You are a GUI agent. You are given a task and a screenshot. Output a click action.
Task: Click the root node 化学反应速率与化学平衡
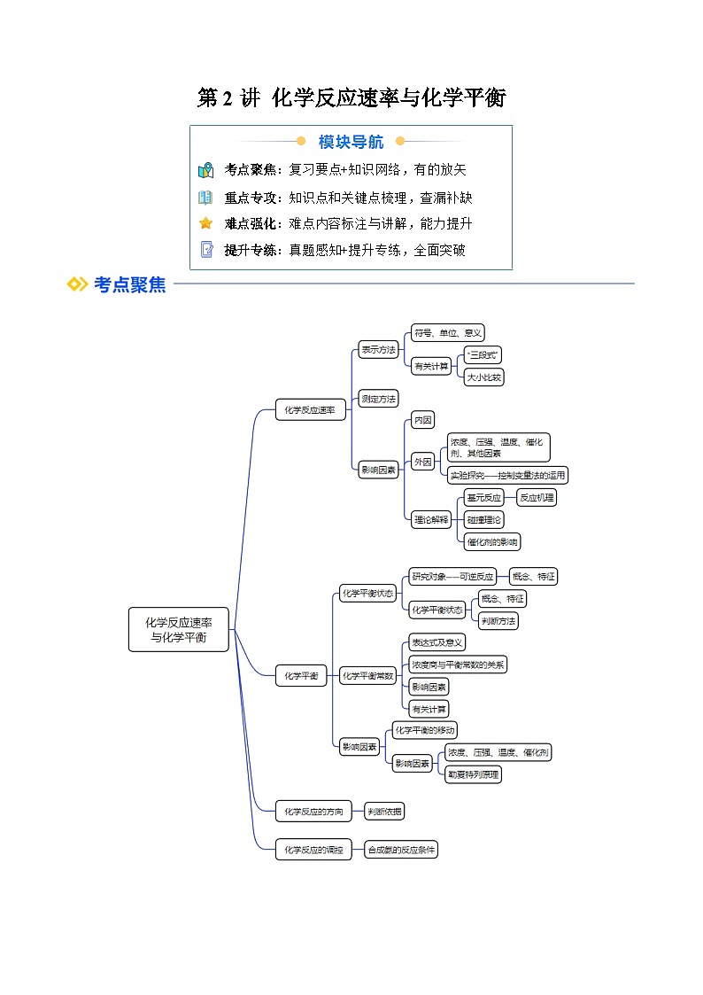click(x=178, y=629)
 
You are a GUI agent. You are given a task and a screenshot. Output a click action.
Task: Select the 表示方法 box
click(x=378, y=349)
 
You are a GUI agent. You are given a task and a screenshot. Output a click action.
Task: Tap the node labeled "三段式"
click(x=483, y=354)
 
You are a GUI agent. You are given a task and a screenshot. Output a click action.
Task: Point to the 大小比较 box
click(x=483, y=377)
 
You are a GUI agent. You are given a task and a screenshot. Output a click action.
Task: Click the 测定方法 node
click(x=378, y=399)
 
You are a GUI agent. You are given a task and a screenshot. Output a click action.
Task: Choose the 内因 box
click(x=422, y=421)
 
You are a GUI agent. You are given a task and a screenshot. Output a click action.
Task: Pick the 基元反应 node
click(x=483, y=498)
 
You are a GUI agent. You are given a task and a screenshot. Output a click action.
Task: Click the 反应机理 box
click(x=537, y=498)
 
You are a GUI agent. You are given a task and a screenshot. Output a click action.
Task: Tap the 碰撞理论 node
click(x=483, y=520)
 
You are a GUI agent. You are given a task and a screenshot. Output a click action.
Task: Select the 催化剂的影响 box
click(x=492, y=541)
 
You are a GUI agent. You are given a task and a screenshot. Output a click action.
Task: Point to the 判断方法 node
click(x=498, y=621)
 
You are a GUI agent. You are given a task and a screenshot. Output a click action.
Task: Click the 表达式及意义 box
click(x=436, y=642)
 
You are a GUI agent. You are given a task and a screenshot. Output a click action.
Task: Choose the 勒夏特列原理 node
click(x=473, y=774)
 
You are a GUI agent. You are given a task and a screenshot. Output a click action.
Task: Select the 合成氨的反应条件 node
click(x=402, y=850)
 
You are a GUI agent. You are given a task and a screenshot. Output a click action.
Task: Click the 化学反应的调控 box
click(x=313, y=850)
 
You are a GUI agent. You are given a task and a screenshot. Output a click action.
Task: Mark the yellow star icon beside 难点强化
click(x=205, y=223)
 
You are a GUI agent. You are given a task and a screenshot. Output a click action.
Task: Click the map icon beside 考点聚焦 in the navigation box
click(x=205, y=170)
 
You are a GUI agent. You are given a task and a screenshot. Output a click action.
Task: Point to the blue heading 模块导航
click(x=351, y=142)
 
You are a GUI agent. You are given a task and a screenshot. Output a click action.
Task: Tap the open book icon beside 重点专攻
click(x=205, y=198)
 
